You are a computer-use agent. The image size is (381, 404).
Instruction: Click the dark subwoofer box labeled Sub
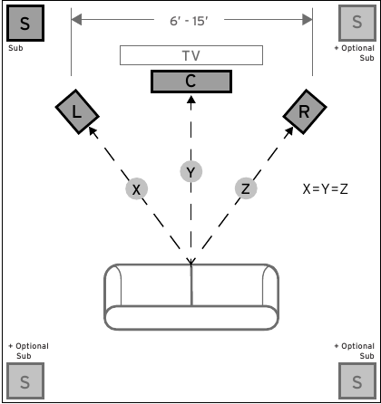tap(25, 23)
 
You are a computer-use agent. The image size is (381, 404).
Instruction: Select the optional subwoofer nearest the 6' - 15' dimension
tap(357, 23)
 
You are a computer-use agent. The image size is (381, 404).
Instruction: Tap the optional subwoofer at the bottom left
tap(25, 381)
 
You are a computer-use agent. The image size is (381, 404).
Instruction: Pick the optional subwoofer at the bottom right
tap(357, 381)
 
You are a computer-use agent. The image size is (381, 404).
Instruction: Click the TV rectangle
tap(191, 55)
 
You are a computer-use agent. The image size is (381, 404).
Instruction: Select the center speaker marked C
tap(191, 82)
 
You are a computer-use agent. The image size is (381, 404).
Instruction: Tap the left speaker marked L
tap(77, 111)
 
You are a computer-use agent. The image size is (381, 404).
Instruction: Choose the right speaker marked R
tap(305, 111)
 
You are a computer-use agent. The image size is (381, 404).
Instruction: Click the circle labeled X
tap(137, 189)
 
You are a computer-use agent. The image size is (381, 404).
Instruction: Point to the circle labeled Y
tap(191, 172)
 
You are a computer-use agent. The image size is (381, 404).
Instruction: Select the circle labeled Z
tap(246, 188)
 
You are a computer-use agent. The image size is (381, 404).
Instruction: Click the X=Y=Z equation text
tap(326, 189)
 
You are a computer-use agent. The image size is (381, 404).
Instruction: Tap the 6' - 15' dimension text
tap(189, 21)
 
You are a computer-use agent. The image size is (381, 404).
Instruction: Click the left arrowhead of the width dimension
tap(76, 20)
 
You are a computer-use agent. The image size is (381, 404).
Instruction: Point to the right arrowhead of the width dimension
tap(308, 20)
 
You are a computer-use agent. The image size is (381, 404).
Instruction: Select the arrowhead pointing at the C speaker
tap(191, 100)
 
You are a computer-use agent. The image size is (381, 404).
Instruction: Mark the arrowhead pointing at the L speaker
tap(93, 132)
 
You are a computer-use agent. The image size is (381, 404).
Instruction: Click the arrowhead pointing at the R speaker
tap(288, 132)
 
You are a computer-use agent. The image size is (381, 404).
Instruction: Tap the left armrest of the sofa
tap(113, 285)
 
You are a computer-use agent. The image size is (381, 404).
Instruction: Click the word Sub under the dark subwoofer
tap(15, 48)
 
